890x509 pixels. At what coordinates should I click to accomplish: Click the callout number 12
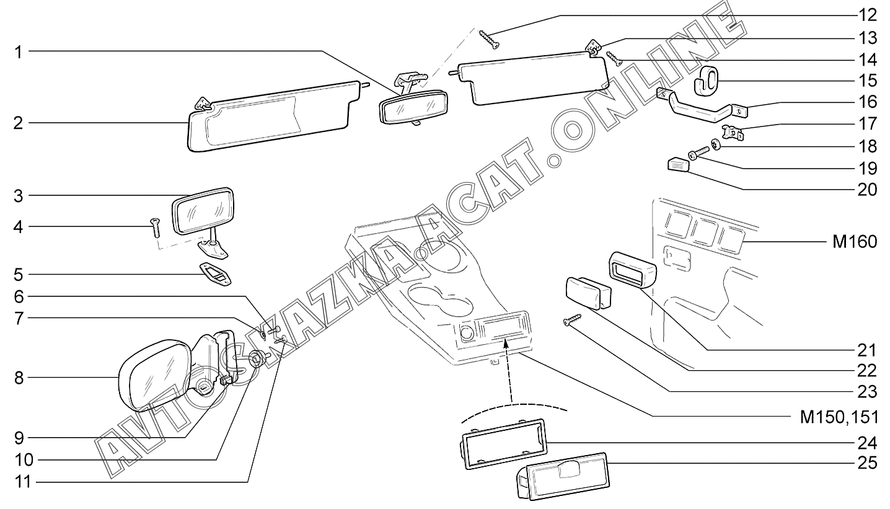coord(867,15)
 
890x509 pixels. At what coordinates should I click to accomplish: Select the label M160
coord(854,242)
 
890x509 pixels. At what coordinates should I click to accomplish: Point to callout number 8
coord(19,378)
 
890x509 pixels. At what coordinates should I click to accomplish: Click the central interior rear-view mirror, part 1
coord(412,107)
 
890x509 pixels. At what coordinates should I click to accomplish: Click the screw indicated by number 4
coord(154,228)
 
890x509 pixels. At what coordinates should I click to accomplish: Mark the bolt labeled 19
coord(699,152)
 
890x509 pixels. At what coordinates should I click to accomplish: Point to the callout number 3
coord(19,196)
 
